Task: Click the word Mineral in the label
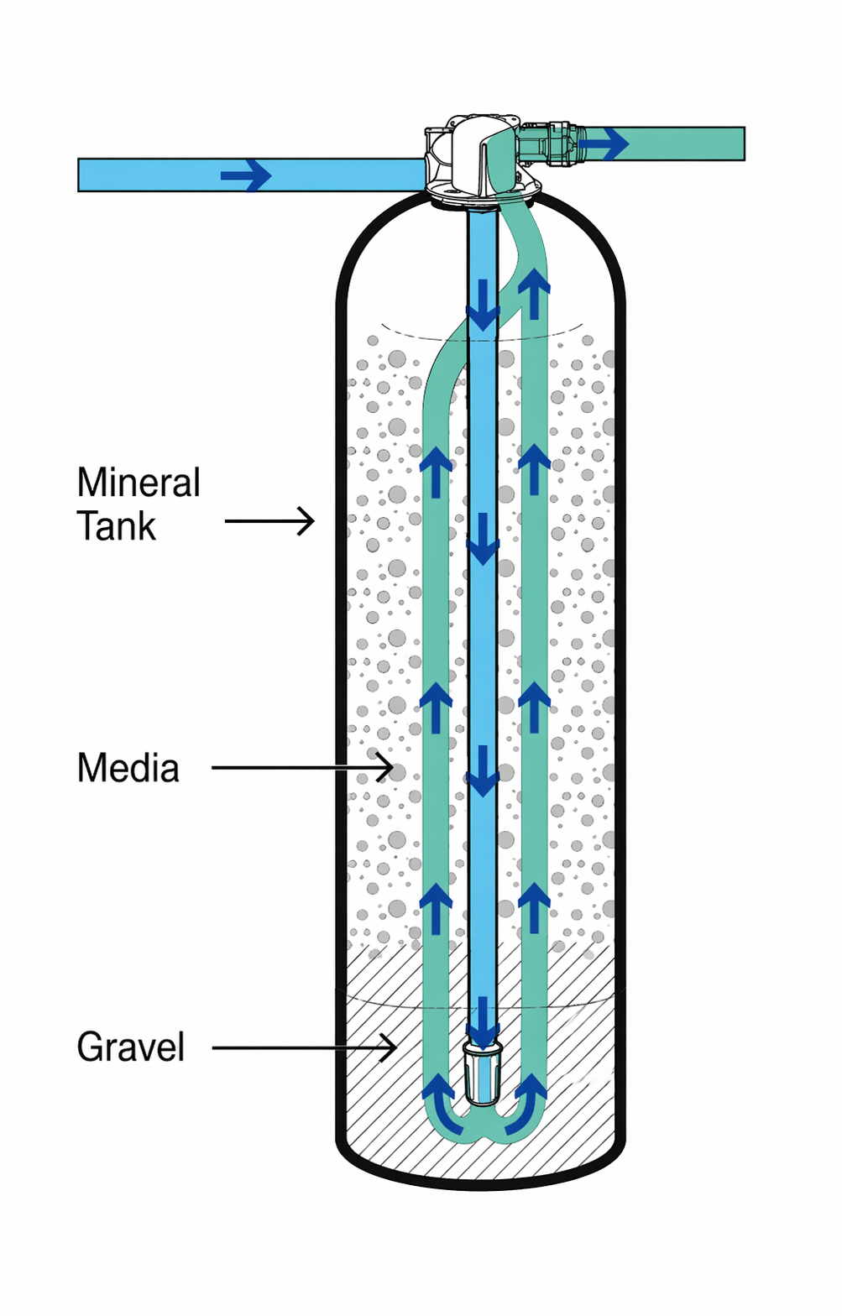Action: click(139, 483)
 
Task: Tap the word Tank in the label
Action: click(117, 525)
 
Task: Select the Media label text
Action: click(128, 767)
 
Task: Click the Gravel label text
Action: click(131, 1047)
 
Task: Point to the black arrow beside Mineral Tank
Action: click(269, 520)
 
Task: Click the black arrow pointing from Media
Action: click(302, 767)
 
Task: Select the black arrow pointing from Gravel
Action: click(303, 1047)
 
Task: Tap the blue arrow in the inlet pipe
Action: click(246, 175)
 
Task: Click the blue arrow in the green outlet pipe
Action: click(604, 144)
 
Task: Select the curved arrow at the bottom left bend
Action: click(442, 1104)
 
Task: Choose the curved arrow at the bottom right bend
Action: click(526, 1104)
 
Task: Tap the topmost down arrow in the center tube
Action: click(483, 305)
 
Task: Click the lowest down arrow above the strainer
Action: click(483, 1023)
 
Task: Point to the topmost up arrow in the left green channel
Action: click(436, 472)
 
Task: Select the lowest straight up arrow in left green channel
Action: click(436, 908)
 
